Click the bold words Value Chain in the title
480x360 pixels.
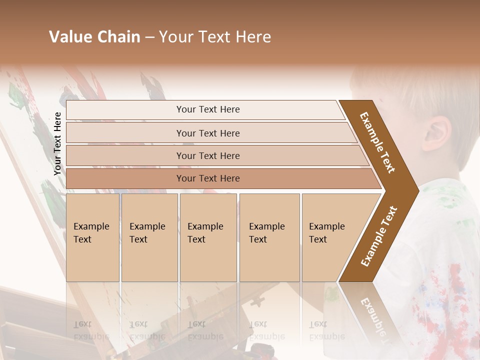[x=94, y=37]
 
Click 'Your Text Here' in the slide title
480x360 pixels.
[x=215, y=37]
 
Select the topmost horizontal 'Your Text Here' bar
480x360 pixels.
[x=207, y=109]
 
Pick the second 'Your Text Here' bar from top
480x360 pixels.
[x=207, y=133]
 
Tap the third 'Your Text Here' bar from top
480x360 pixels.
[x=207, y=155]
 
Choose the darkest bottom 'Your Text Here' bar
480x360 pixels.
[x=207, y=178]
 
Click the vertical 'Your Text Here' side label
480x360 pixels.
[x=57, y=143]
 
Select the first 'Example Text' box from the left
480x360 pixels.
[x=92, y=237]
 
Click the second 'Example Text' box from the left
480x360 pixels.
[x=149, y=237]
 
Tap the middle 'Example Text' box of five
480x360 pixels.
[x=208, y=237]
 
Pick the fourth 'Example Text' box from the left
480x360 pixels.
[x=269, y=237]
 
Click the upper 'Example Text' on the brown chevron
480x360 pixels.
[x=377, y=142]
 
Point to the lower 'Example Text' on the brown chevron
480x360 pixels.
[x=378, y=236]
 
